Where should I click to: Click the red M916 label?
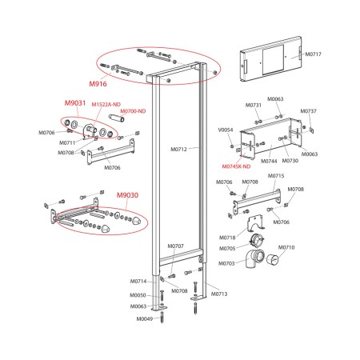pos(98,84)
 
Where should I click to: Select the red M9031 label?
pos(75,103)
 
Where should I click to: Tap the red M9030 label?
pos(127,195)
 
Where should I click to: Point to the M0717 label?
pos(314,54)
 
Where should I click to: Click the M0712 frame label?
pos(178,150)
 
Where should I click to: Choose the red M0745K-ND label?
pos(236,166)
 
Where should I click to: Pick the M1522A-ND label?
pos(106,105)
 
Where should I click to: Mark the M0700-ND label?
pos(133,111)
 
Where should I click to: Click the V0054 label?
pos(226,130)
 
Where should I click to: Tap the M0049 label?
pos(145,318)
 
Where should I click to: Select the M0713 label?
pos(219,294)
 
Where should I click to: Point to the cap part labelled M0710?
pos(273,259)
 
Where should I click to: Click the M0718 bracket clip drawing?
pos(255,223)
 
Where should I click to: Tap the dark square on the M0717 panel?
pos(273,60)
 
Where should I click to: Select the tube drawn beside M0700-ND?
pos(117,118)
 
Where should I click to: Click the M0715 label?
pos(276,176)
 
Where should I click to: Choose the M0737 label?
pos(309,111)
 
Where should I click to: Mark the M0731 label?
pos(254,106)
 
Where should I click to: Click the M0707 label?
pos(175,246)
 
